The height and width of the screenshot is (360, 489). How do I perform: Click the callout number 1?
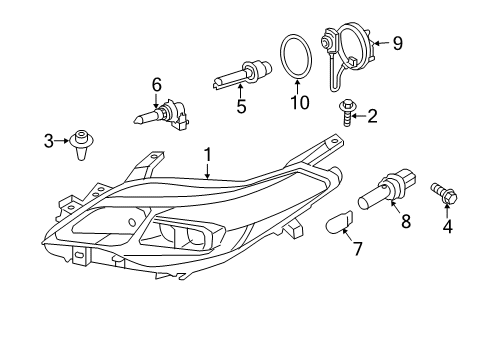coord(207,156)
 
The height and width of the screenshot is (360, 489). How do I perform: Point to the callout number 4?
coord(447,226)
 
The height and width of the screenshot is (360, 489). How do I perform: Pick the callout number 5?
coord(240,106)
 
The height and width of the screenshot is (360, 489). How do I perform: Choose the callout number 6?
coord(156,84)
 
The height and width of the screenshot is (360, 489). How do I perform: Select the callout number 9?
coord(398,43)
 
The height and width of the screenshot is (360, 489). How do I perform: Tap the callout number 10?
coord(294,102)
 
